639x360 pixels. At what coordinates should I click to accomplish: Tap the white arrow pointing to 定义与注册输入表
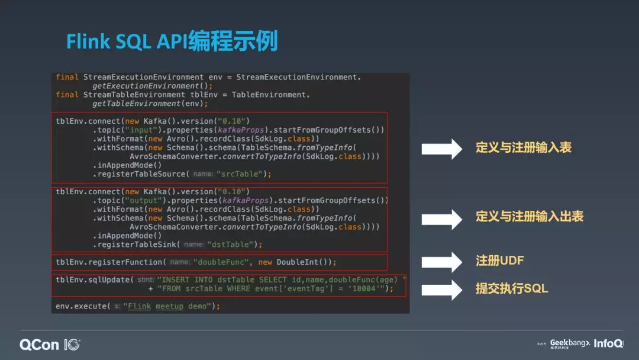[441, 149]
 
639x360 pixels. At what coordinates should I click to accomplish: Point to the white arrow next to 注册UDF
[441, 262]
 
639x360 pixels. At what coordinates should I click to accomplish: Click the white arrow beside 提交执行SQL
[441, 290]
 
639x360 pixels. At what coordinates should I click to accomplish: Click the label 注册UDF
[500, 261]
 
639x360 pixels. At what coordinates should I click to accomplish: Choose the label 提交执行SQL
[512, 289]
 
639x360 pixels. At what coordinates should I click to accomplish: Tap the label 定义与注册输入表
[523, 148]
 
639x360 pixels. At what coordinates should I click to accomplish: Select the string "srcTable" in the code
[243, 174]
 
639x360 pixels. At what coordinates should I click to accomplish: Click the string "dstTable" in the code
[234, 245]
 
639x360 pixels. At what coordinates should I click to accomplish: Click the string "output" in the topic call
[143, 201]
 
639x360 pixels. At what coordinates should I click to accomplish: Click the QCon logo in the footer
[50, 344]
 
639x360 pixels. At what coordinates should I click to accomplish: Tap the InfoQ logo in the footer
[608, 343]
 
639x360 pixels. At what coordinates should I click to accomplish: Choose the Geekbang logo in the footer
[570, 343]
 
